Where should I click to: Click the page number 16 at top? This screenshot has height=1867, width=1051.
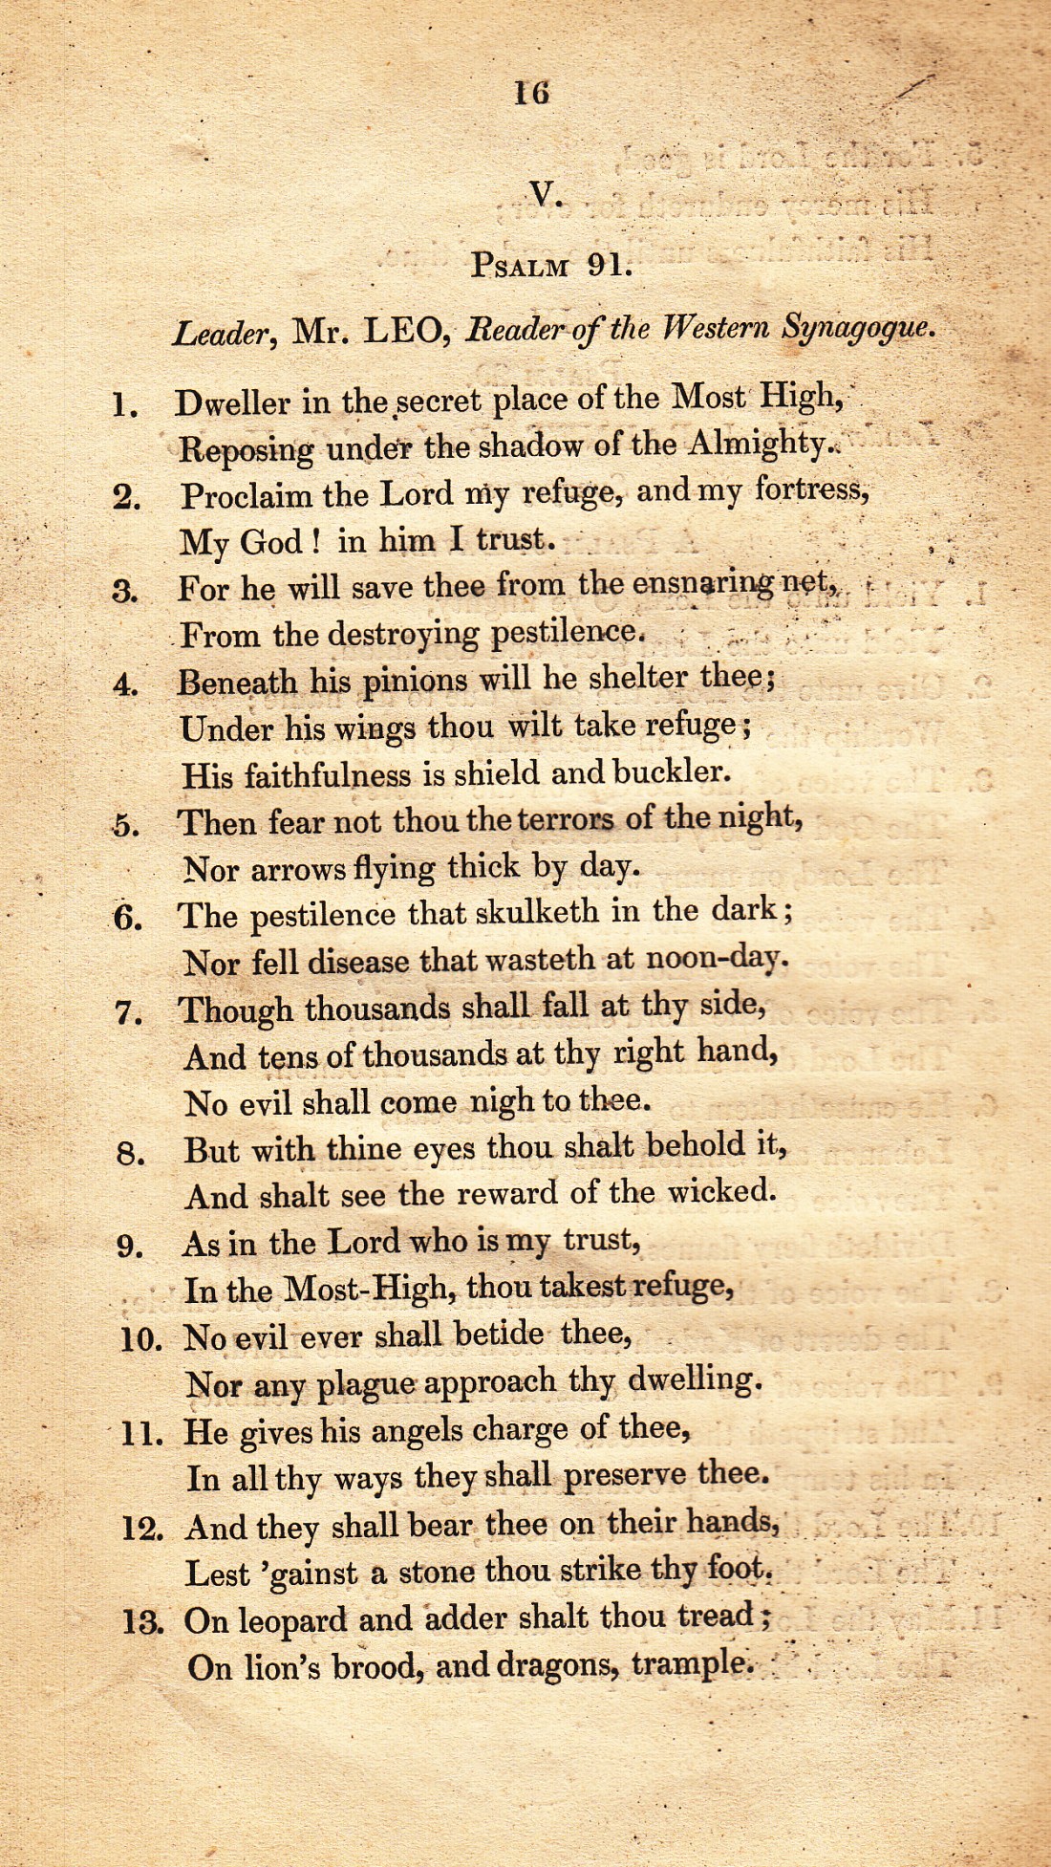[x=531, y=93]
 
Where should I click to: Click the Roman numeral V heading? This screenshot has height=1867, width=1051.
[x=545, y=195]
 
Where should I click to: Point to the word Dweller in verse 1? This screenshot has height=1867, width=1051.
[x=232, y=402]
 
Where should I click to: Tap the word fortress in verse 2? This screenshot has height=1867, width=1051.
[x=811, y=490]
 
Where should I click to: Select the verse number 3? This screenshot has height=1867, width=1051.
[x=124, y=591]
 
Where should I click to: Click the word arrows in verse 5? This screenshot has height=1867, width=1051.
[x=299, y=869]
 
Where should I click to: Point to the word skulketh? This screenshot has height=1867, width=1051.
[x=537, y=913]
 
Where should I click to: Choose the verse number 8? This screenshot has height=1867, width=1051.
[x=131, y=1154]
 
